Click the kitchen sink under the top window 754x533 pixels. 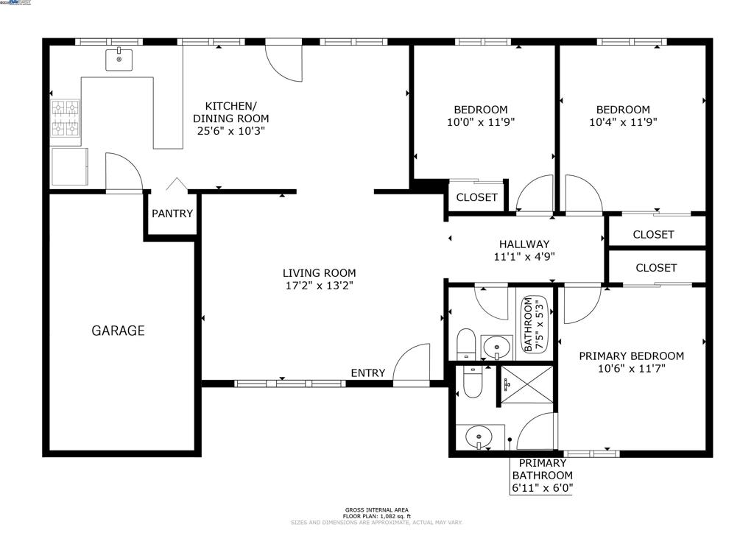click(x=119, y=59)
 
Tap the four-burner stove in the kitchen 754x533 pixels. click(x=65, y=119)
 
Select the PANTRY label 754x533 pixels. click(x=172, y=213)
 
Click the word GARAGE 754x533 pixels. click(x=118, y=331)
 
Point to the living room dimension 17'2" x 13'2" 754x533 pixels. click(x=320, y=286)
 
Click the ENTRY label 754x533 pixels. click(x=367, y=373)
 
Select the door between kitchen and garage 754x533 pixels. click(x=123, y=174)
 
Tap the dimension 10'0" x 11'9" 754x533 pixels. click(x=481, y=123)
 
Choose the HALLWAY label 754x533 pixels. click(x=524, y=244)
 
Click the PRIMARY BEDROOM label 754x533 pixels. click(x=631, y=356)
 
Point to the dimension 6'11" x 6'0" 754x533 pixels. click(x=542, y=487)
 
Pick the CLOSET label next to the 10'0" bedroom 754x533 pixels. click(x=476, y=197)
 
